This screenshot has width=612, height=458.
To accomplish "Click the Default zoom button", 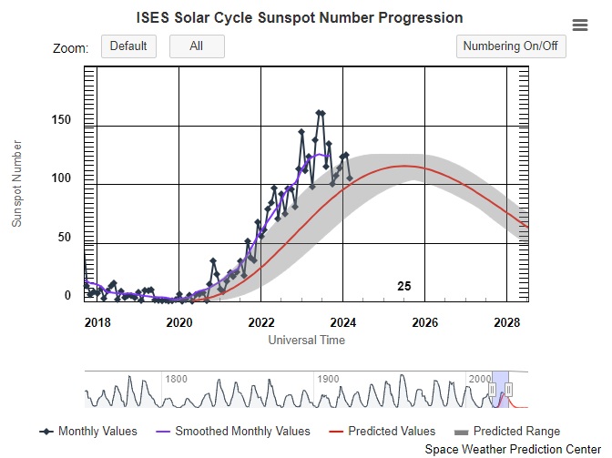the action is tap(128, 46).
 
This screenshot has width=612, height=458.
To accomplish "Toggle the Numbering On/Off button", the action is tap(511, 46).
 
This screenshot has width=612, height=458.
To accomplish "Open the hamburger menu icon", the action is tap(580, 25).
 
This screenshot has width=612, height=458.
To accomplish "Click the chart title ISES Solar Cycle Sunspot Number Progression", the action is tap(300, 18).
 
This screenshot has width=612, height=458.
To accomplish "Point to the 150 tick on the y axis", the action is tap(61, 120).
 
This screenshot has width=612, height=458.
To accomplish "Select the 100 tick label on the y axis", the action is tap(61, 178).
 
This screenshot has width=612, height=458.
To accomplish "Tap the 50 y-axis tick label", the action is tap(65, 237).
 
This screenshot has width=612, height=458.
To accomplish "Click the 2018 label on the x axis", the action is tap(97, 322).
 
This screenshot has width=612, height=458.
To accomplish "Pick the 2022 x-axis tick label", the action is tap(261, 322).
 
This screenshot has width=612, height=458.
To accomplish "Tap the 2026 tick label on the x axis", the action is tap(425, 322).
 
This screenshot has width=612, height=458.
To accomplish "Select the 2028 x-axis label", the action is tap(507, 322).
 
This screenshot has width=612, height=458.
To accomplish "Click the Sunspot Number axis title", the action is tap(16, 184).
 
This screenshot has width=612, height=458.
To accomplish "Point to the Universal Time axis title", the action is tap(307, 341).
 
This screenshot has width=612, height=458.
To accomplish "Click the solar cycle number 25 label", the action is tap(404, 286).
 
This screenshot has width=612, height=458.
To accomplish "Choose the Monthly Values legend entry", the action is tap(88, 431).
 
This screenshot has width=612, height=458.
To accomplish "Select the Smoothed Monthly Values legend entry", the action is tap(233, 431).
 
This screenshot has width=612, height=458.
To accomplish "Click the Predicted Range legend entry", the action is tap(507, 431).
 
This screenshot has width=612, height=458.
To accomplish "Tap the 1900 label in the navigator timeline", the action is tap(328, 379).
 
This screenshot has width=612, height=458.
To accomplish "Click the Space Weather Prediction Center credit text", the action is tap(513, 450).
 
